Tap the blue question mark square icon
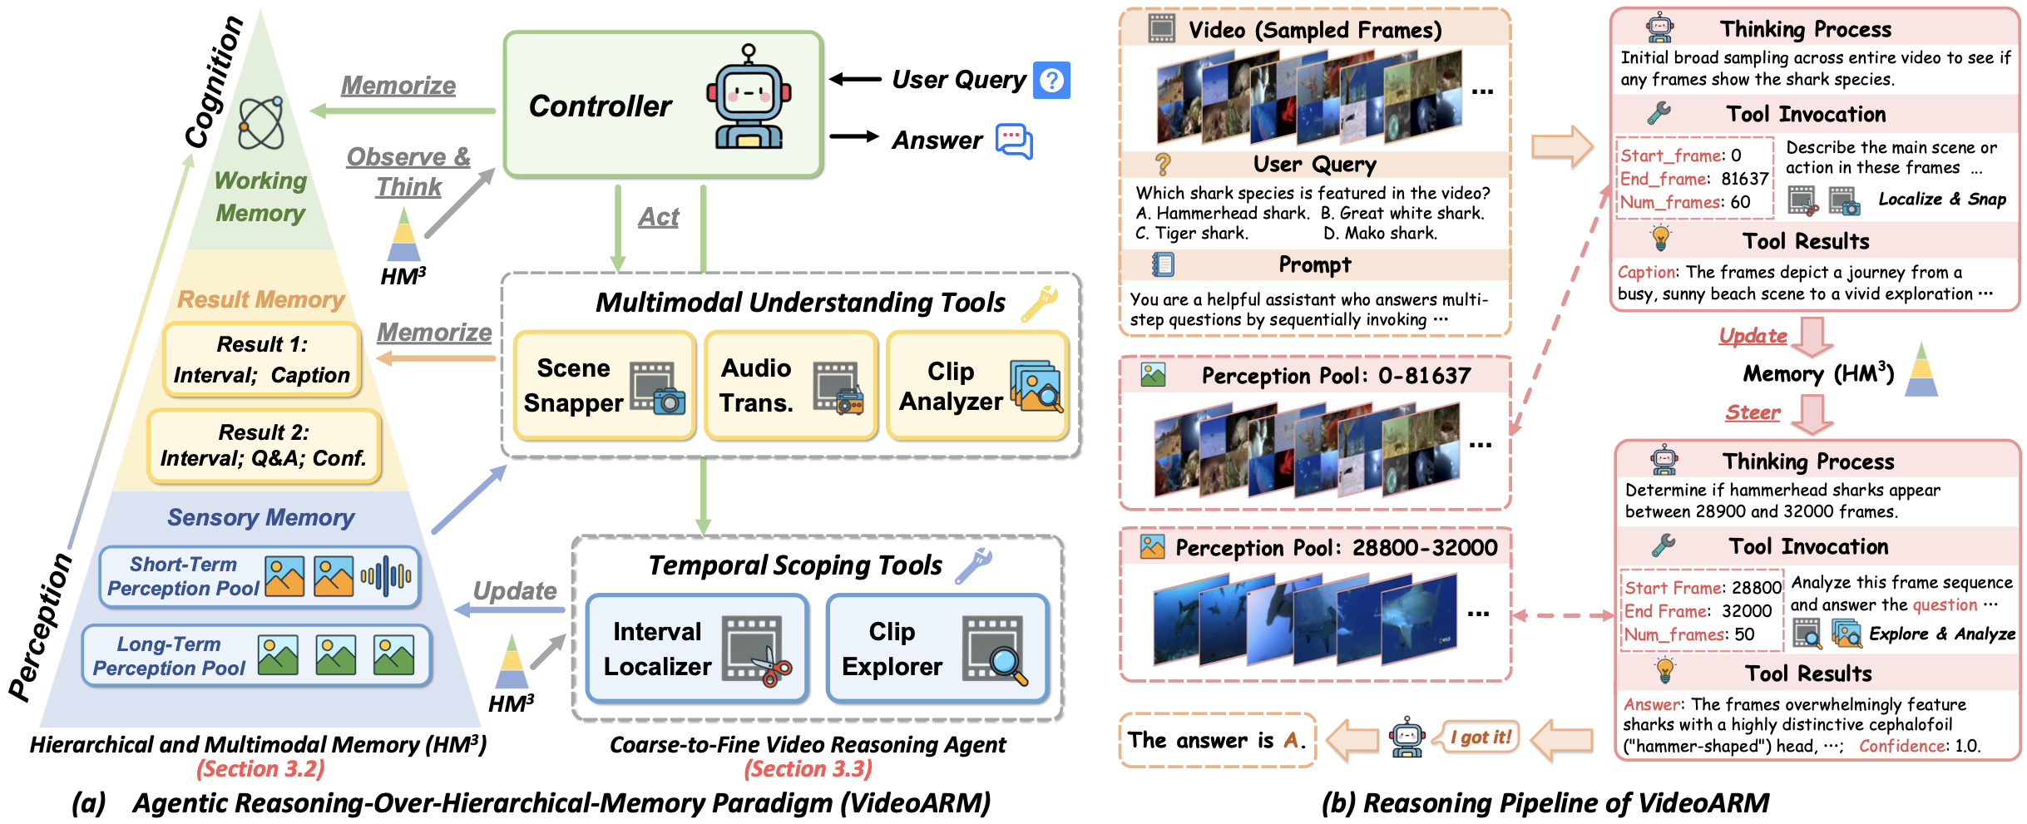[1051, 81]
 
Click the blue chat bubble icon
[1013, 141]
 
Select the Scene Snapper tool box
[605, 385]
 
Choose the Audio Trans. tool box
[790, 385]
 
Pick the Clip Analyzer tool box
[977, 385]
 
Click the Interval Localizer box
[697, 649]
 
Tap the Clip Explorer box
[937, 649]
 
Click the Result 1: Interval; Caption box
[262, 359]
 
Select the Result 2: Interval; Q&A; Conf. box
[264, 446]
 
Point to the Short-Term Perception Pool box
[260, 576]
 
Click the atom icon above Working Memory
[261, 124]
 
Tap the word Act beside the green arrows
[659, 218]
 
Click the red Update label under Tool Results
[1753, 336]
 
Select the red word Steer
[1753, 412]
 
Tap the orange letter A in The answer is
[1291, 740]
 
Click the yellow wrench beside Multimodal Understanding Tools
[1040, 303]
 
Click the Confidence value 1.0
[1967, 746]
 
